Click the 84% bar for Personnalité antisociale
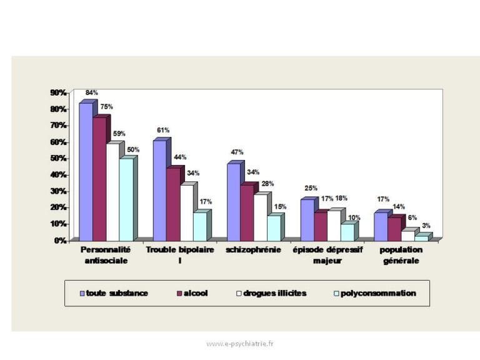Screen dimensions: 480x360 coord(86,172)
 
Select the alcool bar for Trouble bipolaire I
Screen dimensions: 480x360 coord(173,204)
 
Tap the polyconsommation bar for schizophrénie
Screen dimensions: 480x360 coord(274,228)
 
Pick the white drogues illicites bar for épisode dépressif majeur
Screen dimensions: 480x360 coord(334,226)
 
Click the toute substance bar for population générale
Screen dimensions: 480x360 coord(381,227)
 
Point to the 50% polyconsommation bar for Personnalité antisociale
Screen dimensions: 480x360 coord(126,199)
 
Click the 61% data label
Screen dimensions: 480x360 coord(163,130)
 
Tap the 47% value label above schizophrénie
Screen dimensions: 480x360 coord(237,152)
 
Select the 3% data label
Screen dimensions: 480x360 coord(426,226)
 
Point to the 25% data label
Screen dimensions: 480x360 coord(311,188)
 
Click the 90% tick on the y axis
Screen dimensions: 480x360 coord(59,92)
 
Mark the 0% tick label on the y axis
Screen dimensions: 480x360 coord(61,241)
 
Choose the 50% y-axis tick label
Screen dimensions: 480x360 coord(59,158)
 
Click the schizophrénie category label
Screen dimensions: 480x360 coord(254,250)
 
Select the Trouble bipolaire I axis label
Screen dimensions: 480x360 coord(180,255)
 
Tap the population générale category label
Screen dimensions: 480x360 coord(401,255)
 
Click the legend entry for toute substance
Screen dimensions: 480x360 coord(114,293)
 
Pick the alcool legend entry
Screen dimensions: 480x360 coord(192,293)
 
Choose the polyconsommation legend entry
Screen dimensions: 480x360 coord(375,293)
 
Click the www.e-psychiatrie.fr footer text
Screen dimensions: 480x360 coord(240,344)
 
